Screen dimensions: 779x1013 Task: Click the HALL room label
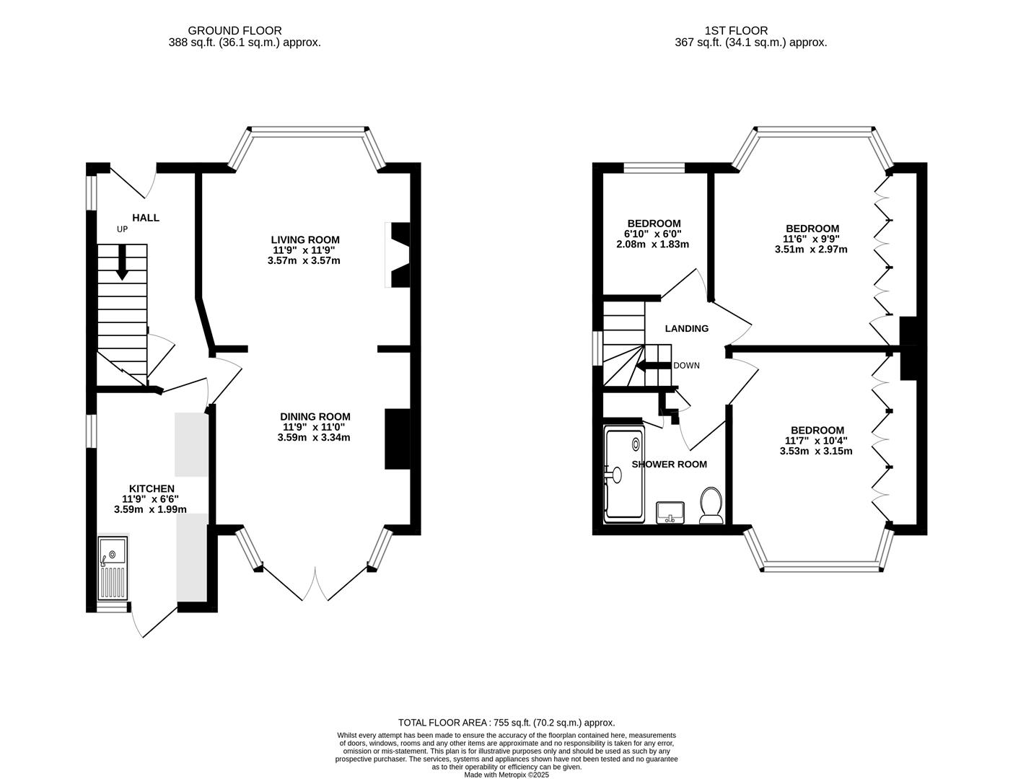tap(145, 218)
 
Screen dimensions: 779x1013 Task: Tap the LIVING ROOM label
tap(304, 239)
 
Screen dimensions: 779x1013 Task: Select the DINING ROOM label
tap(315, 416)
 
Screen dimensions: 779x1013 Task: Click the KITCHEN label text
tap(152, 488)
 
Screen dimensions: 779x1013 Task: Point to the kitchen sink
tap(113, 568)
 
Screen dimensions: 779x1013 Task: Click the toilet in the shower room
tap(711, 504)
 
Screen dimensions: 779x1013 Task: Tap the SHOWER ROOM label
tap(669, 464)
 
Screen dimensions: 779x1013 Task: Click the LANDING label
tap(686, 328)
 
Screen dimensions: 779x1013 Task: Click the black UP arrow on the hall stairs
tap(122, 262)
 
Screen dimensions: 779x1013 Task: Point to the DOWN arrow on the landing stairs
tap(654, 365)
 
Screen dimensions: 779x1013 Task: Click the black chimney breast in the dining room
tap(397, 439)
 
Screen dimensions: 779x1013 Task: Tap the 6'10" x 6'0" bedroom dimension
tap(654, 234)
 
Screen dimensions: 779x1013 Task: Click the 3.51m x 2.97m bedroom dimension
tap(811, 250)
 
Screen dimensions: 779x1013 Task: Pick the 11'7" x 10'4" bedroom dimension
tap(816, 441)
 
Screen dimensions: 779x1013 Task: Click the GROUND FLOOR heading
tap(234, 30)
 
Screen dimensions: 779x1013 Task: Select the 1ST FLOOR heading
tap(736, 30)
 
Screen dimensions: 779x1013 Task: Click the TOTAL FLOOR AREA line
tap(506, 722)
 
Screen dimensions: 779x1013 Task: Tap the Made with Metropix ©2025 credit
tap(506, 775)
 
